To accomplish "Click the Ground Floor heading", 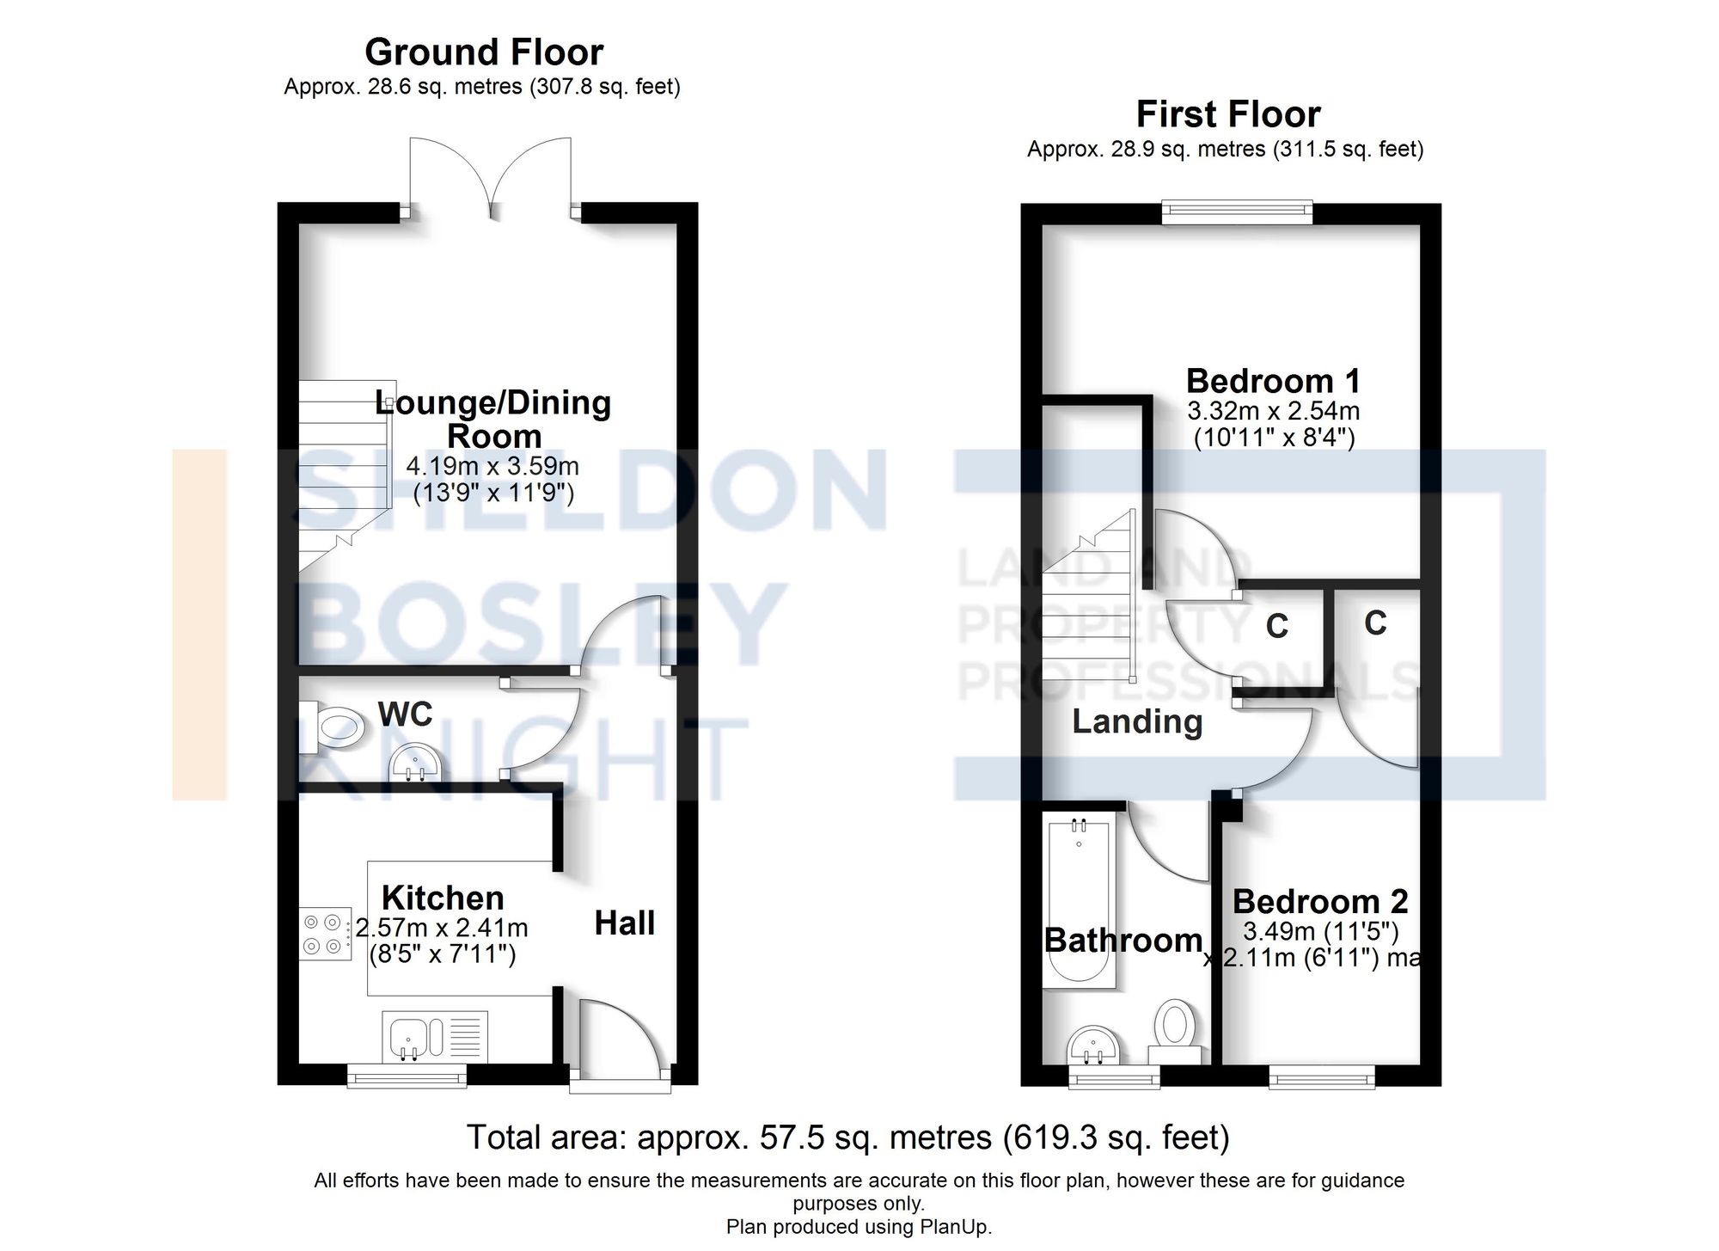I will click(484, 52).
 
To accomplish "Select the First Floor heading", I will click(1227, 114).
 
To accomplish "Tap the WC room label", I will click(405, 714).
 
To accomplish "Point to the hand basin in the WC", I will click(416, 763).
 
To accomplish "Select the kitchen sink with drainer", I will click(435, 1035).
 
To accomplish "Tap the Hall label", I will click(624, 923).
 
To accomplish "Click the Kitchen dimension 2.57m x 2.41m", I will click(442, 929).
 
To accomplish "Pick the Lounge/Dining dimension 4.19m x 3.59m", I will click(492, 467).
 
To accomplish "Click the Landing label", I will click(1136, 721).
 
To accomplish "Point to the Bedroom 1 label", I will click(1273, 381).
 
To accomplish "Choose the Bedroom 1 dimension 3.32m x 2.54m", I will click(1273, 411).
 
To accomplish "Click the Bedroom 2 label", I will click(1319, 902).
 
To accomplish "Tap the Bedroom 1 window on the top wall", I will click(1237, 212).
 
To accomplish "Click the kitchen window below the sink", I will click(407, 1075).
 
